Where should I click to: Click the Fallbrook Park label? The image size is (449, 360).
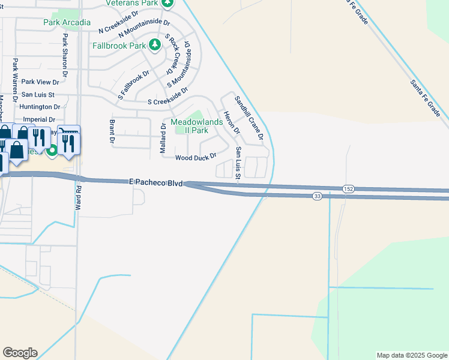tap(119, 45)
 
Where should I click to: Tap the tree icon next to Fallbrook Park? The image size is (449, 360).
tap(155, 44)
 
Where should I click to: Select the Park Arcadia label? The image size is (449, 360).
tap(67, 23)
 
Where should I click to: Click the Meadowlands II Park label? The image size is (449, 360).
tap(197, 126)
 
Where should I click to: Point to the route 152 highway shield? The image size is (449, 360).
tap(349, 188)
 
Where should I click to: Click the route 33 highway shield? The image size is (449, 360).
tap(317, 196)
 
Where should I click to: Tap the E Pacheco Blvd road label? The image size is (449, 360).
tap(155, 181)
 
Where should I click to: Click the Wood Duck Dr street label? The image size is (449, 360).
tap(196, 158)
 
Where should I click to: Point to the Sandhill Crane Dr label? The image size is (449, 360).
tap(249, 118)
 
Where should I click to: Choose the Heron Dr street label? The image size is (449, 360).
tap(231, 122)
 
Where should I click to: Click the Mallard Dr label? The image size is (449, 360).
tap(163, 139)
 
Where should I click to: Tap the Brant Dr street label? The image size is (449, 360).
tap(112, 131)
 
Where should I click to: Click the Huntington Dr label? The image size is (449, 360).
tap(37, 107)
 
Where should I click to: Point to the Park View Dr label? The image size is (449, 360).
tap(41, 82)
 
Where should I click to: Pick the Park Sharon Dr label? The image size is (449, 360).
tap(63, 54)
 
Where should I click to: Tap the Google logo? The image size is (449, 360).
tap(20, 353)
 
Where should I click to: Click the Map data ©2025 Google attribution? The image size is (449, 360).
tap(411, 355)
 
